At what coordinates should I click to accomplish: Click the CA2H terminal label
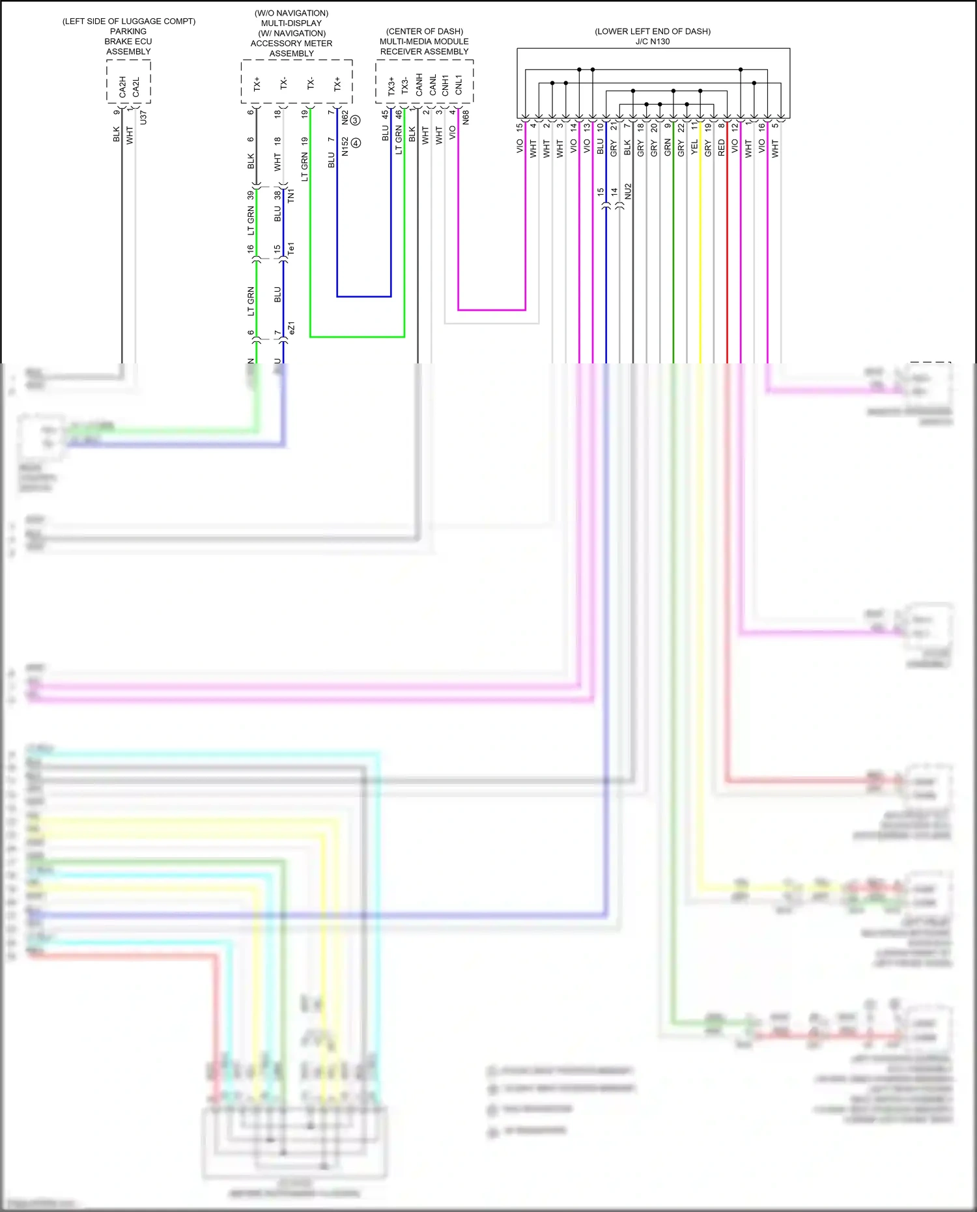point(122,87)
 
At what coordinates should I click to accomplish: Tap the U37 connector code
point(143,117)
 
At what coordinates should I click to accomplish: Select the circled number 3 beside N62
point(355,120)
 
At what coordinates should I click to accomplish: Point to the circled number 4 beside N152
point(356,143)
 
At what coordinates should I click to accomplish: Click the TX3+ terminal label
point(391,86)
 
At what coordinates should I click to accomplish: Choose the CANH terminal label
point(419,84)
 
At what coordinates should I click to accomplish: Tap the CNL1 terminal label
point(459,84)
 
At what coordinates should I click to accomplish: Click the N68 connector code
point(466,117)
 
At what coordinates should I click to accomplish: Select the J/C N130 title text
point(653,42)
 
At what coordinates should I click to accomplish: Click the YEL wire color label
point(694,147)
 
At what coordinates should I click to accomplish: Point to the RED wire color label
point(721,147)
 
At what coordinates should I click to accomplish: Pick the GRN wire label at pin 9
point(668,148)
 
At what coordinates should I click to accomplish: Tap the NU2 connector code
point(628,191)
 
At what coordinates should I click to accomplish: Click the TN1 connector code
point(291,195)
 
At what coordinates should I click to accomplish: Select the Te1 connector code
point(291,248)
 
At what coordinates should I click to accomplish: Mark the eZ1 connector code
point(291,328)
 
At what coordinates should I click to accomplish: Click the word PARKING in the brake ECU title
point(128,31)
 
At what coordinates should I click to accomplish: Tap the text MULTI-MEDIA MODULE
point(424,42)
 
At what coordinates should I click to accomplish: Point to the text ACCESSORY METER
point(291,44)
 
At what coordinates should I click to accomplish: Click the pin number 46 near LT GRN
point(399,113)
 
